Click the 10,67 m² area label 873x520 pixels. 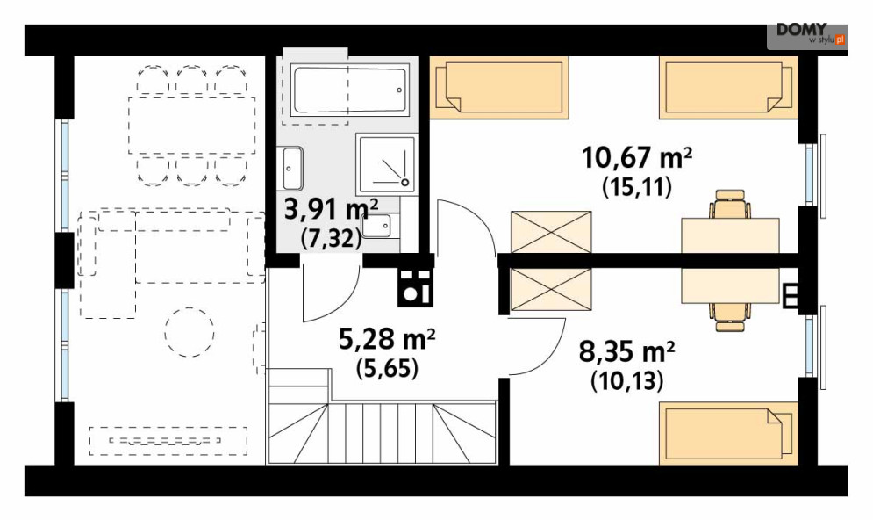click(637, 157)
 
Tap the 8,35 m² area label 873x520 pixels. click(627, 351)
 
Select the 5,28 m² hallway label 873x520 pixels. click(387, 339)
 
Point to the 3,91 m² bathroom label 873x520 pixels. click(332, 210)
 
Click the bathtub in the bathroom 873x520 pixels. click(350, 90)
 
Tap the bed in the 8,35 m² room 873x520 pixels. click(728, 433)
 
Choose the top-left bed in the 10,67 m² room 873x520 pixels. click(499, 88)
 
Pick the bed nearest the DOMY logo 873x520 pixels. click(728, 88)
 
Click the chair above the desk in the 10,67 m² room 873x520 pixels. click(730, 204)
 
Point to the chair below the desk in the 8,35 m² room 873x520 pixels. click(730, 317)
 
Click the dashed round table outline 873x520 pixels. click(190, 332)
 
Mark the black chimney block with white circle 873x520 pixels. click(415, 287)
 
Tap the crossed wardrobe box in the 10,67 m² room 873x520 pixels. click(551, 232)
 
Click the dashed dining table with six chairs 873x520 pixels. click(191, 126)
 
